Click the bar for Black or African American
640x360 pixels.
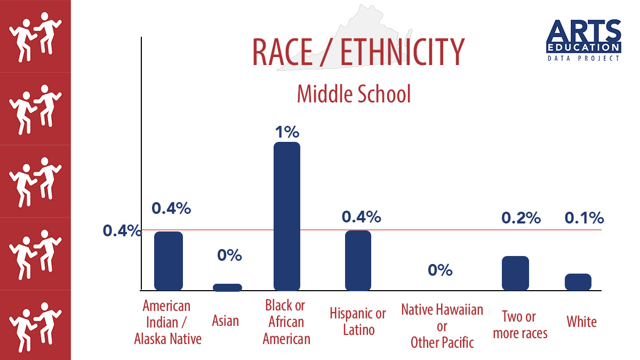click(x=287, y=216)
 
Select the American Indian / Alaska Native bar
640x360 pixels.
click(x=169, y=261)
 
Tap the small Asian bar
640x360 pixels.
click(x=228, y=287)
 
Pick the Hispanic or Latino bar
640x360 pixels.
click(x=358, y=260)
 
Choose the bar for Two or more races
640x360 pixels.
click(x=516, y=273)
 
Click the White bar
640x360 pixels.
click(x=578, y=282)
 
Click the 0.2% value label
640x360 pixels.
click(x=521, y=218)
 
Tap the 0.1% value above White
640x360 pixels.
click(x=584, y=218)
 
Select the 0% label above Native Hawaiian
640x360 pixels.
click(x=440, y=270)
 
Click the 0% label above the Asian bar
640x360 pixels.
click(x=229, y=255)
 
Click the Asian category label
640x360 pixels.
click(x=226, y=321)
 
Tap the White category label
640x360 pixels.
click(x=581, y=322)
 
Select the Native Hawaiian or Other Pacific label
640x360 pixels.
click(x=442, y=325)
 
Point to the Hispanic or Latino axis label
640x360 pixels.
click(x=358, y=321)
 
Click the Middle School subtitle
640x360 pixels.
click(x=354, y=94)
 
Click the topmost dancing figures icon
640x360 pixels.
click(x=36, y=36)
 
